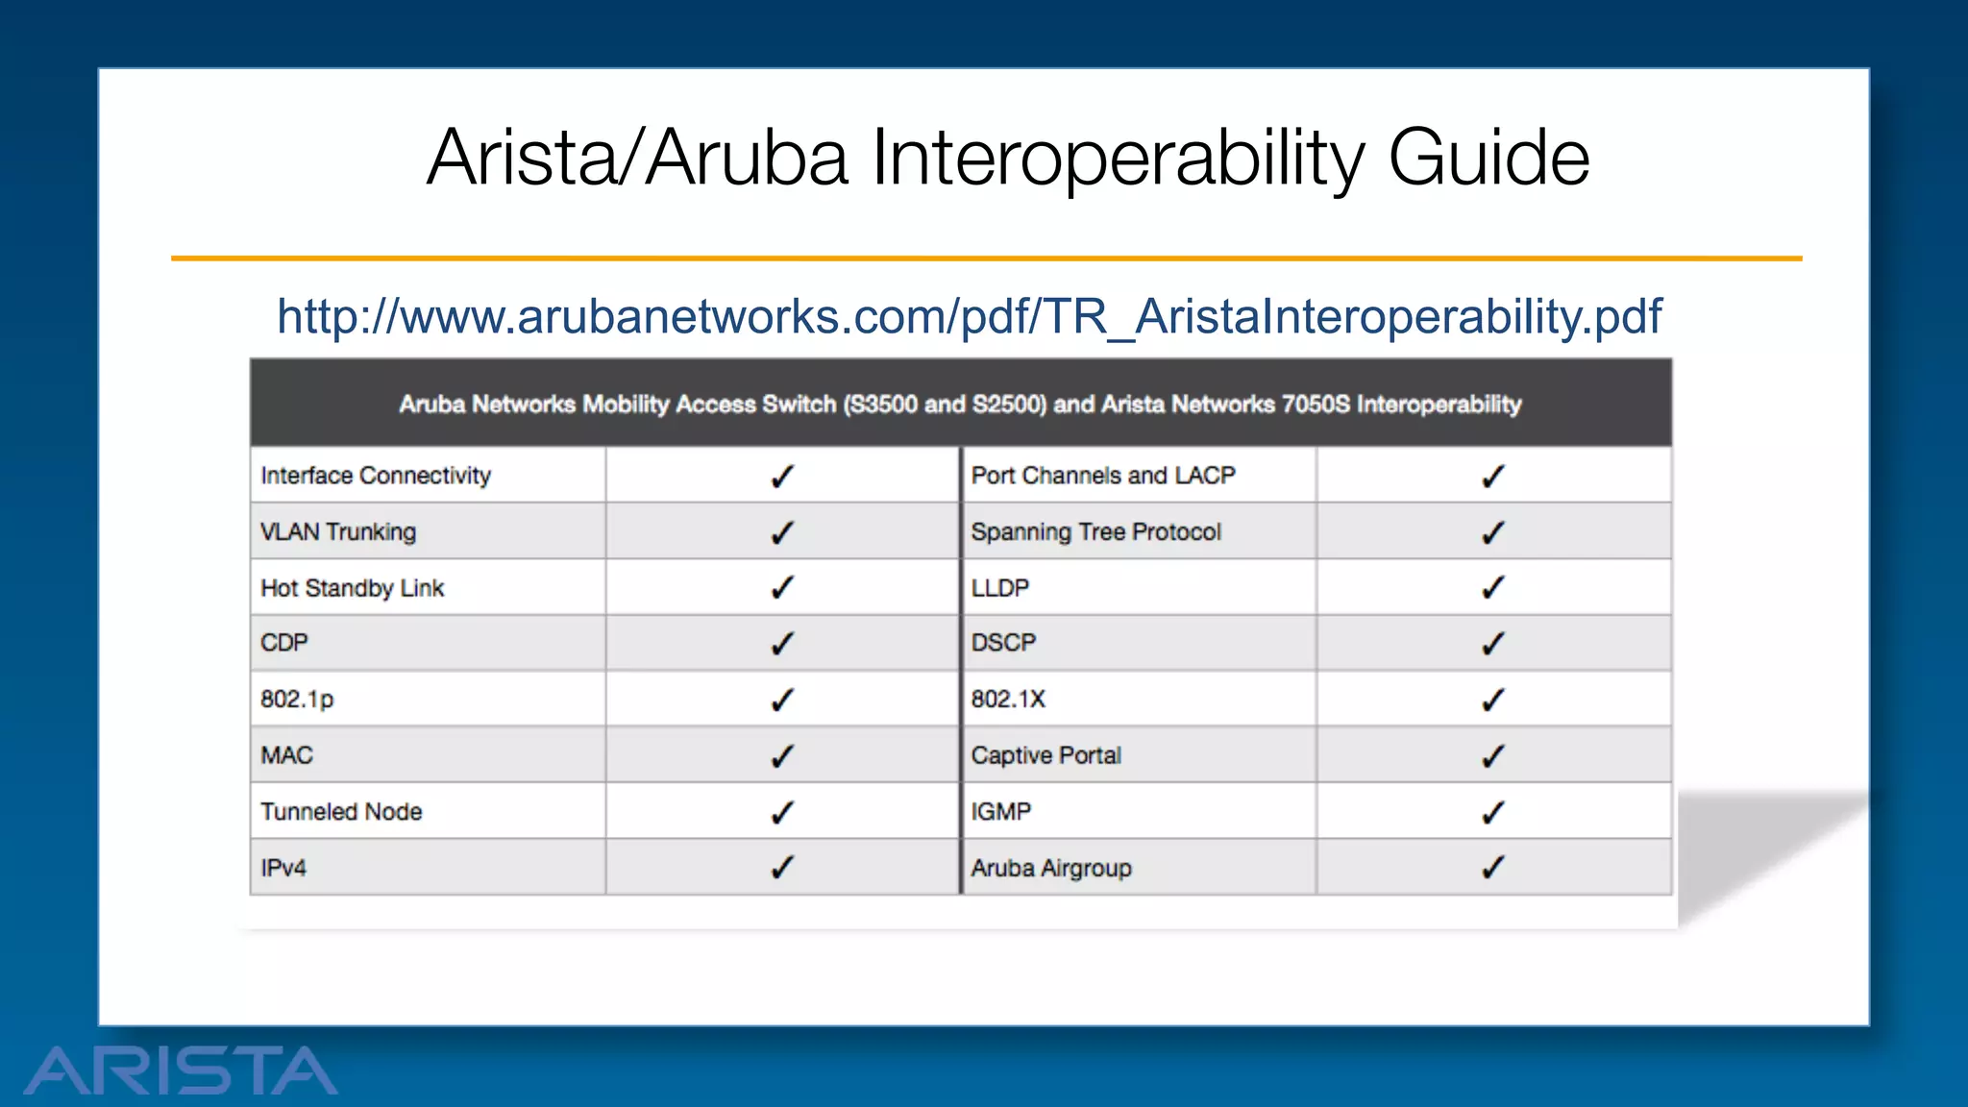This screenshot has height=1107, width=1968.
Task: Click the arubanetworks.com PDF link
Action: click(969, 317)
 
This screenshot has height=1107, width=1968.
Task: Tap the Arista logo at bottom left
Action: click(181, 1070)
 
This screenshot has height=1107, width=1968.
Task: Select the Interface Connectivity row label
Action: click(376, 476)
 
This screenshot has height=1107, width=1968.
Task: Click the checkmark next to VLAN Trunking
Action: click(782, 532)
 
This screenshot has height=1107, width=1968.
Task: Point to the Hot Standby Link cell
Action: click(353, 588)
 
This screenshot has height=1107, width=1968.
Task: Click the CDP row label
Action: click(284, 643)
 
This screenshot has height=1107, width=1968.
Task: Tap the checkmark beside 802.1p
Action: click(782, 700)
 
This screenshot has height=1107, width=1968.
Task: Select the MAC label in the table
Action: click(286, 755)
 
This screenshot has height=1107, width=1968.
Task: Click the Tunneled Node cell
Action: click(341, 812)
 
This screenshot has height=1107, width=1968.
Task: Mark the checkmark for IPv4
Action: click(782, 868)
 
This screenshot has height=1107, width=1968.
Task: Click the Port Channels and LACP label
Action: click(1103, 476)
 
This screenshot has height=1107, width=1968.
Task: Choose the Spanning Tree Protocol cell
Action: click(1095, 532)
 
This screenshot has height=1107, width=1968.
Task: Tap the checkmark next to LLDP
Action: click(1492, 587)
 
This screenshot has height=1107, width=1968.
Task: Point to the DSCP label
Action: click(1003, 643)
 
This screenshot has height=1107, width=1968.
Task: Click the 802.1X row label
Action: click(1008, 700)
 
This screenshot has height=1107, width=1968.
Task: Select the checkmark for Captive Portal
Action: click(1492, 756)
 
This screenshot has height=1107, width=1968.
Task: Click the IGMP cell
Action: click(1000, 812)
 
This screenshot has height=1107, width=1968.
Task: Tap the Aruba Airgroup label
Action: click(1051, 869)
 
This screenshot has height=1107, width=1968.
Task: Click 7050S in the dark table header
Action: click(1316, 405)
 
